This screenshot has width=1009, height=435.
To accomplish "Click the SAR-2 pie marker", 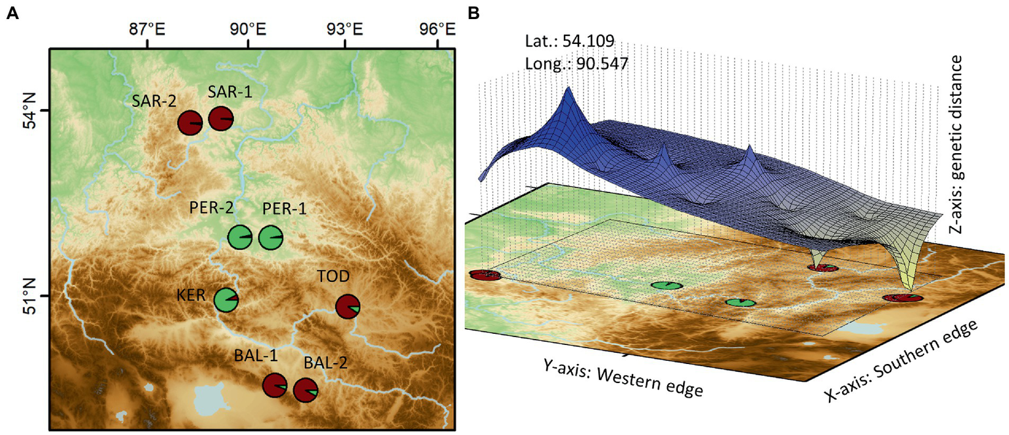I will pyautogui.click(x=191, y=122).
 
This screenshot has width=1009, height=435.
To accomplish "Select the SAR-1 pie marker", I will pyautogui.click(x=221, y=118).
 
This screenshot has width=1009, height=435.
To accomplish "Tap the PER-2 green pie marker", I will pyautogui.click(x=239, y=237).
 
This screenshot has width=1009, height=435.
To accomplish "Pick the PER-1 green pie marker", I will pyautogui.click(x=271, y=237).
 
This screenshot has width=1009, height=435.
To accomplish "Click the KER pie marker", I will pyautogui.click(x=226, y=300).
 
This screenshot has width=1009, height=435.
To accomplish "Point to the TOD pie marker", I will pyautogui.click(x=347, y=307).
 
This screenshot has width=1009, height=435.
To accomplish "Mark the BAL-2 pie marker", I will pyautogui.click(x=305, y=390).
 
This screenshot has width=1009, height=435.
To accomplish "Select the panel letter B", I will pyautogui.click(x=473, y=12).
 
